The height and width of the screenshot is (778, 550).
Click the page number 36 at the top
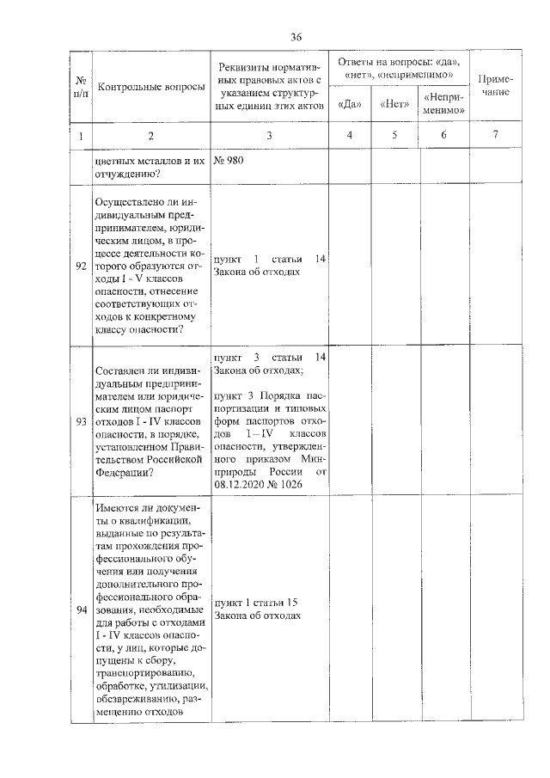296,36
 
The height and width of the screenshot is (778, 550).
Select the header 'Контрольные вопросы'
152,88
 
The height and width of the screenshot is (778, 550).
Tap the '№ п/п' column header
81,87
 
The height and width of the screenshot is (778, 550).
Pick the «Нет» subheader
394,105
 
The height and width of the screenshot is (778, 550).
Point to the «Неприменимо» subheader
444,104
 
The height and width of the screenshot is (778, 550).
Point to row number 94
81,610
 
